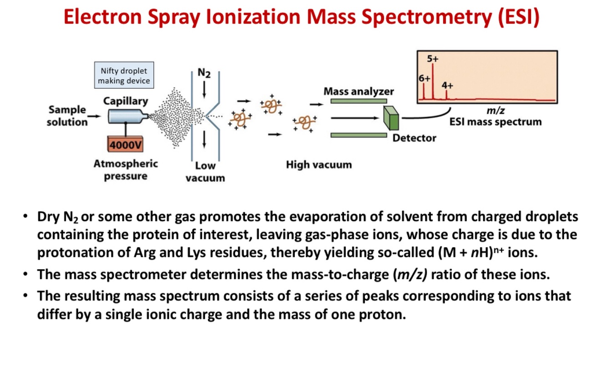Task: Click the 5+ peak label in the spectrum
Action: click(433, 59)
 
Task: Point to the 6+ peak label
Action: click(424, 78)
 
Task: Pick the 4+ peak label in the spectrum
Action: click(447, 85)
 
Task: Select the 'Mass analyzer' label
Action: click(359, 91)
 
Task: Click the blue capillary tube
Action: click(126, 117)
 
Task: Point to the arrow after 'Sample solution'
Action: click(95, 116)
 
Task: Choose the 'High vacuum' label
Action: click(319, 165)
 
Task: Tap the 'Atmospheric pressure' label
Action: click(126, 170)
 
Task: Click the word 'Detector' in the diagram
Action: click(414, 138)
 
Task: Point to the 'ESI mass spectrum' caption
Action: click(495, 122)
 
